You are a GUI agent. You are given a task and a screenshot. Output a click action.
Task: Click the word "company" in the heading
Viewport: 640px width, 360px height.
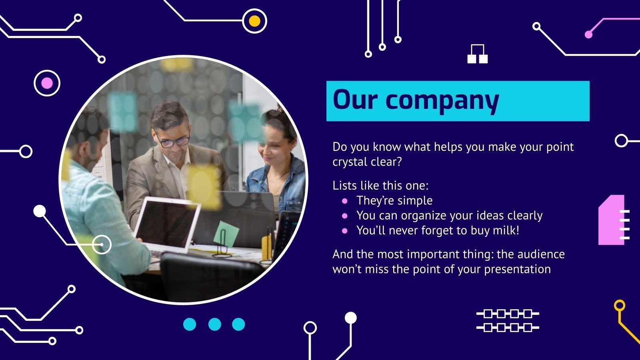pyautogui.click(x=442, y=100)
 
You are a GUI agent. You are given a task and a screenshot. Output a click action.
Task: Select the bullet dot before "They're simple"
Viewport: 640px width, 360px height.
pyautogui.click(x=345, y=201)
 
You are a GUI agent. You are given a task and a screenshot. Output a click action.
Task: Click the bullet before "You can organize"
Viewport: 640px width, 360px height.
pyautogui.click(x=345, y=216)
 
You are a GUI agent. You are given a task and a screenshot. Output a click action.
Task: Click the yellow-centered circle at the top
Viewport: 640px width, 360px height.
pyautogui.click(x=254, y=21)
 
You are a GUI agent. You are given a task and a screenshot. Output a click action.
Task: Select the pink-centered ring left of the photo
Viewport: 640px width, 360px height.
pyautogui.click(x=47, y=83)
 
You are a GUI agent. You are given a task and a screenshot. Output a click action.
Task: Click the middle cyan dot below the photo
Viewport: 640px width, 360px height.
pyautogui.click(x=214, y=324)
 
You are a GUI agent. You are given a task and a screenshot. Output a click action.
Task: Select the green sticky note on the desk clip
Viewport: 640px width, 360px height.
pyautogui.click(x=226, y=234)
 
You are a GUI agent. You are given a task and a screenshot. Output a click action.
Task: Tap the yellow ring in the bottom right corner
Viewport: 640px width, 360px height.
pyautogui.click(x=619, y=306)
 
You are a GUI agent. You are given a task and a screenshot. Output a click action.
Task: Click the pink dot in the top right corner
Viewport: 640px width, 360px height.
pyautogui.click(x=588, y=34)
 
